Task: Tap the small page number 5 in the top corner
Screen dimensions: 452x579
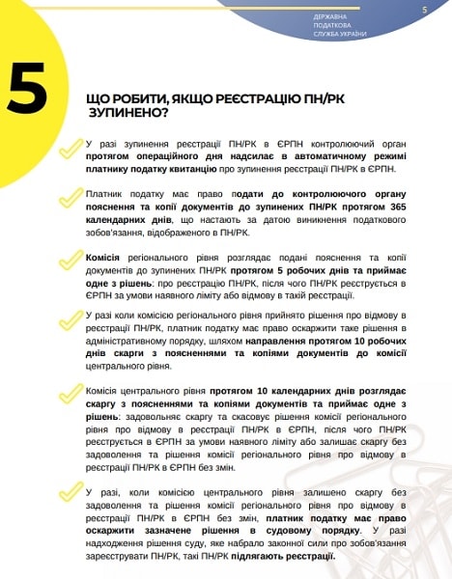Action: (425, 9)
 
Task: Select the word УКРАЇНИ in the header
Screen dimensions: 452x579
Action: (351, 34)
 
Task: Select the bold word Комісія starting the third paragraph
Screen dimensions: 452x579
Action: (102, 260)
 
